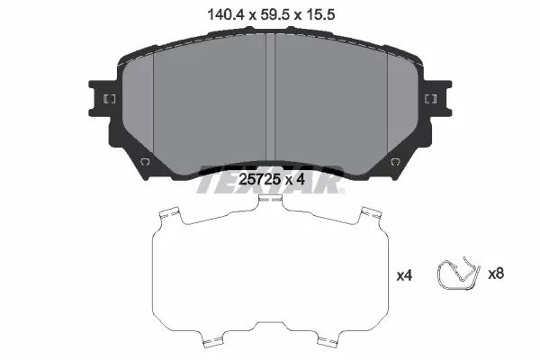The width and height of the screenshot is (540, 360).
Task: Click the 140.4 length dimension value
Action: pos(226,14)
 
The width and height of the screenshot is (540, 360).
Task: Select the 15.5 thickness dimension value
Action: pos(319,14)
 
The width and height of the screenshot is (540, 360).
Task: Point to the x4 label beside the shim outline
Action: pos(404,275)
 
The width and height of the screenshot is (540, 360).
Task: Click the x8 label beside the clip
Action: pos(496,274)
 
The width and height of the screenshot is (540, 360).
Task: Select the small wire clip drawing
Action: pos(458,274)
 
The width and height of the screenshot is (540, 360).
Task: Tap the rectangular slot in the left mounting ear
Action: pos(110,99)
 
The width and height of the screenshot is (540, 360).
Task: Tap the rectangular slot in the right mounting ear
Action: pos(430,99)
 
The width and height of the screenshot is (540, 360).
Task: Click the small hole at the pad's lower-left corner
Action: pos(145,161)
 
